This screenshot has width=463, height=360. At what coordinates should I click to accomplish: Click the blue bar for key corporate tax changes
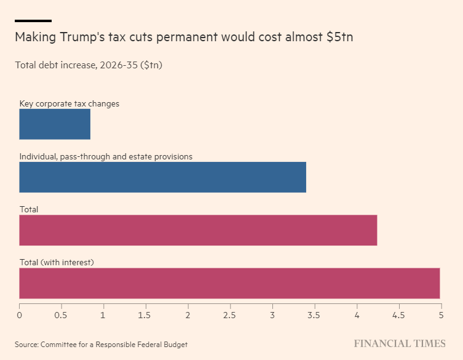tap(55, 124)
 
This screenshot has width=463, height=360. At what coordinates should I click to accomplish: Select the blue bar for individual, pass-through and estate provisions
tap(162, 177)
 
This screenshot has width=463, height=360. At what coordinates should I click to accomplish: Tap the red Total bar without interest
tap(198, 230)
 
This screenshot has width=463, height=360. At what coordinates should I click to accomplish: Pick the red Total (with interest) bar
tap(229, 283)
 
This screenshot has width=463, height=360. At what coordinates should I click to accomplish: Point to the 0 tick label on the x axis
tap(20, 315)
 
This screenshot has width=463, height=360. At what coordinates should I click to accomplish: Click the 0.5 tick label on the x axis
tap(61, 315)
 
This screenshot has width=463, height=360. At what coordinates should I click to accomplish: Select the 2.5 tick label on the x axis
tap(230, 315)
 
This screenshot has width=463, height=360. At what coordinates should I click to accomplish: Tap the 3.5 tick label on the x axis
tap(314, 315)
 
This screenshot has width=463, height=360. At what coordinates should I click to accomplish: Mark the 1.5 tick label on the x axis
tap(145, 315)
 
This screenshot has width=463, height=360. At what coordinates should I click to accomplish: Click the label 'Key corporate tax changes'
tap(69, 103)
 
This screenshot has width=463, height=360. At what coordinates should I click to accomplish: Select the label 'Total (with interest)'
tap(57, 262)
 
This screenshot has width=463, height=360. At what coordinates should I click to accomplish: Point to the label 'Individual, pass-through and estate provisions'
tap(106, 156)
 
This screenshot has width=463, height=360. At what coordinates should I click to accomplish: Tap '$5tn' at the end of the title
tap(340, 38)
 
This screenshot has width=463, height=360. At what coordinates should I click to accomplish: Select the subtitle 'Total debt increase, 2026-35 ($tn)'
tap(89, 65)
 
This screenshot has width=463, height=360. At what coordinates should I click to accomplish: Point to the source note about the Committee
tap(101, 344)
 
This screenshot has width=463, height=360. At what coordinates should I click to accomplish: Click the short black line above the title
tap(33, 20)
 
